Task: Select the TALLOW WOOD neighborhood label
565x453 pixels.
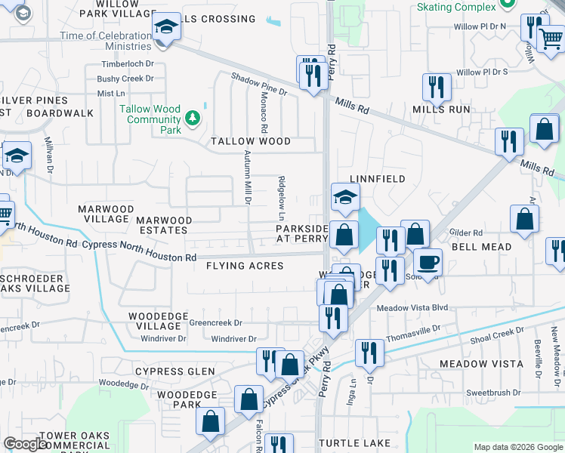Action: (251, 142)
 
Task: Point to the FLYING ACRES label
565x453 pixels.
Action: (245, 266)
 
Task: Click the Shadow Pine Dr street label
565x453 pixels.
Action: (259, 85)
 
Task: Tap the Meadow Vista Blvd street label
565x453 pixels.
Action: (412, 308)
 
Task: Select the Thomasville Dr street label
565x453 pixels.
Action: (412, 333)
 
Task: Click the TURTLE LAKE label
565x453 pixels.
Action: (354, 442)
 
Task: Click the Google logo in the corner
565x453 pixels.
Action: (26, 444)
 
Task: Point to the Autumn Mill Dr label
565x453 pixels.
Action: (246, 177)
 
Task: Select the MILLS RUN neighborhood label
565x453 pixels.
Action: (441, 109)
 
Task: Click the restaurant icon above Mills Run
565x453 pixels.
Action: (437, 87)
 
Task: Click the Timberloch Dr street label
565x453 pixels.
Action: (127, 64)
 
